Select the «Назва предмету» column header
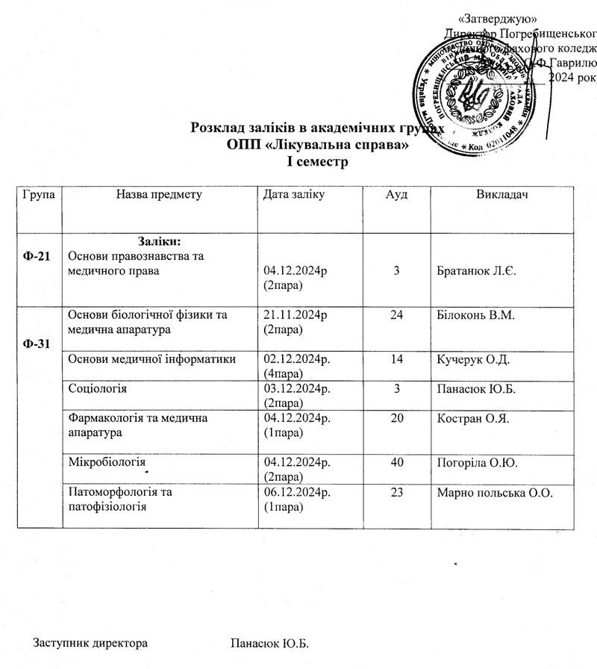click(159, 196)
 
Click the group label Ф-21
click(37, 256)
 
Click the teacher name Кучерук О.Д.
click(472, 361)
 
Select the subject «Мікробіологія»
click(105, 463)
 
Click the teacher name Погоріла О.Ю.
click(475, 464)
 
